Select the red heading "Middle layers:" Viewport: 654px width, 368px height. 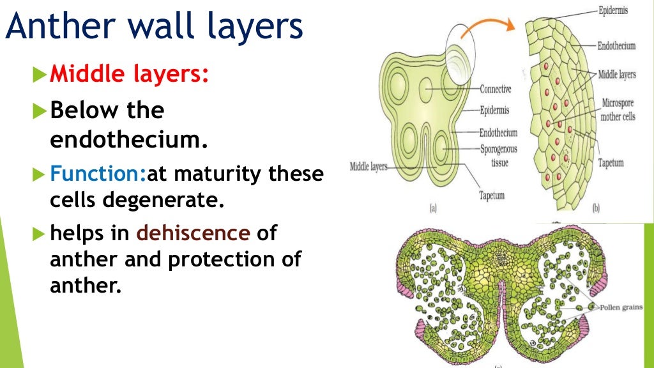129,75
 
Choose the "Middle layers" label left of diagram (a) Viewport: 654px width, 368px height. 369,167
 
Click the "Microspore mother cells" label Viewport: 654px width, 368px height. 618,110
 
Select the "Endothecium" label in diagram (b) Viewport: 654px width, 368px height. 616,46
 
